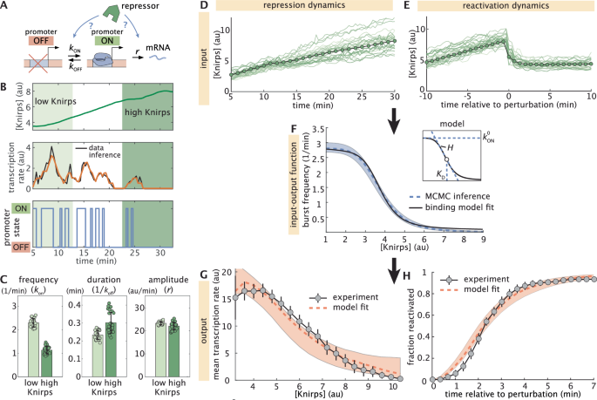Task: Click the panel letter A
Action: (x=5, y=6)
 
